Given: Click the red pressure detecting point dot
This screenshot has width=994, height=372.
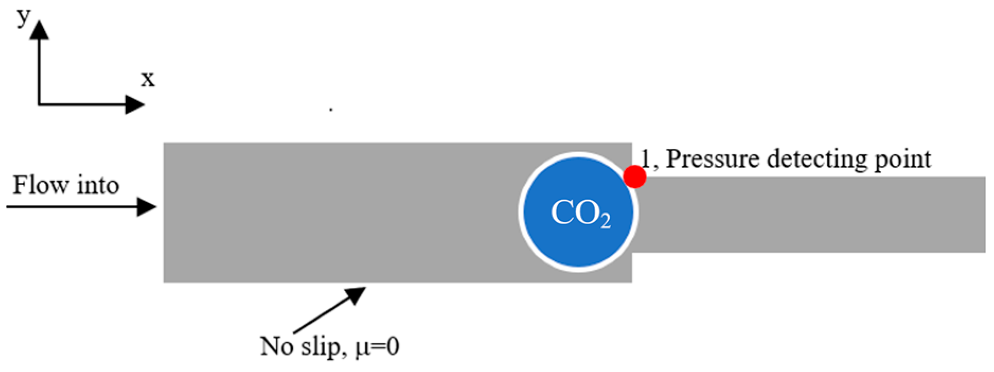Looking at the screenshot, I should pos(634,176).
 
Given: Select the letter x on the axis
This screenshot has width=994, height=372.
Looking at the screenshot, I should pos(148,79).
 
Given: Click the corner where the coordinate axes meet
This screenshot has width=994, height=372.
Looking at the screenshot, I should pos(39,104).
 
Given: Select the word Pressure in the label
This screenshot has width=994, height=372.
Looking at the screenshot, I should pos(712,159).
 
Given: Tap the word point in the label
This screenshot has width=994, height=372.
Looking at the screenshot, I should pos(902,159).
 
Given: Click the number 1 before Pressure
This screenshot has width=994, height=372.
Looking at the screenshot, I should pos(646,158).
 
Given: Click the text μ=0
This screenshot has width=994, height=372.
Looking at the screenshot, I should pos(378,347).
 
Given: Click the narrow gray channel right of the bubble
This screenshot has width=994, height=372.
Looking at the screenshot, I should pos(810,215).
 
